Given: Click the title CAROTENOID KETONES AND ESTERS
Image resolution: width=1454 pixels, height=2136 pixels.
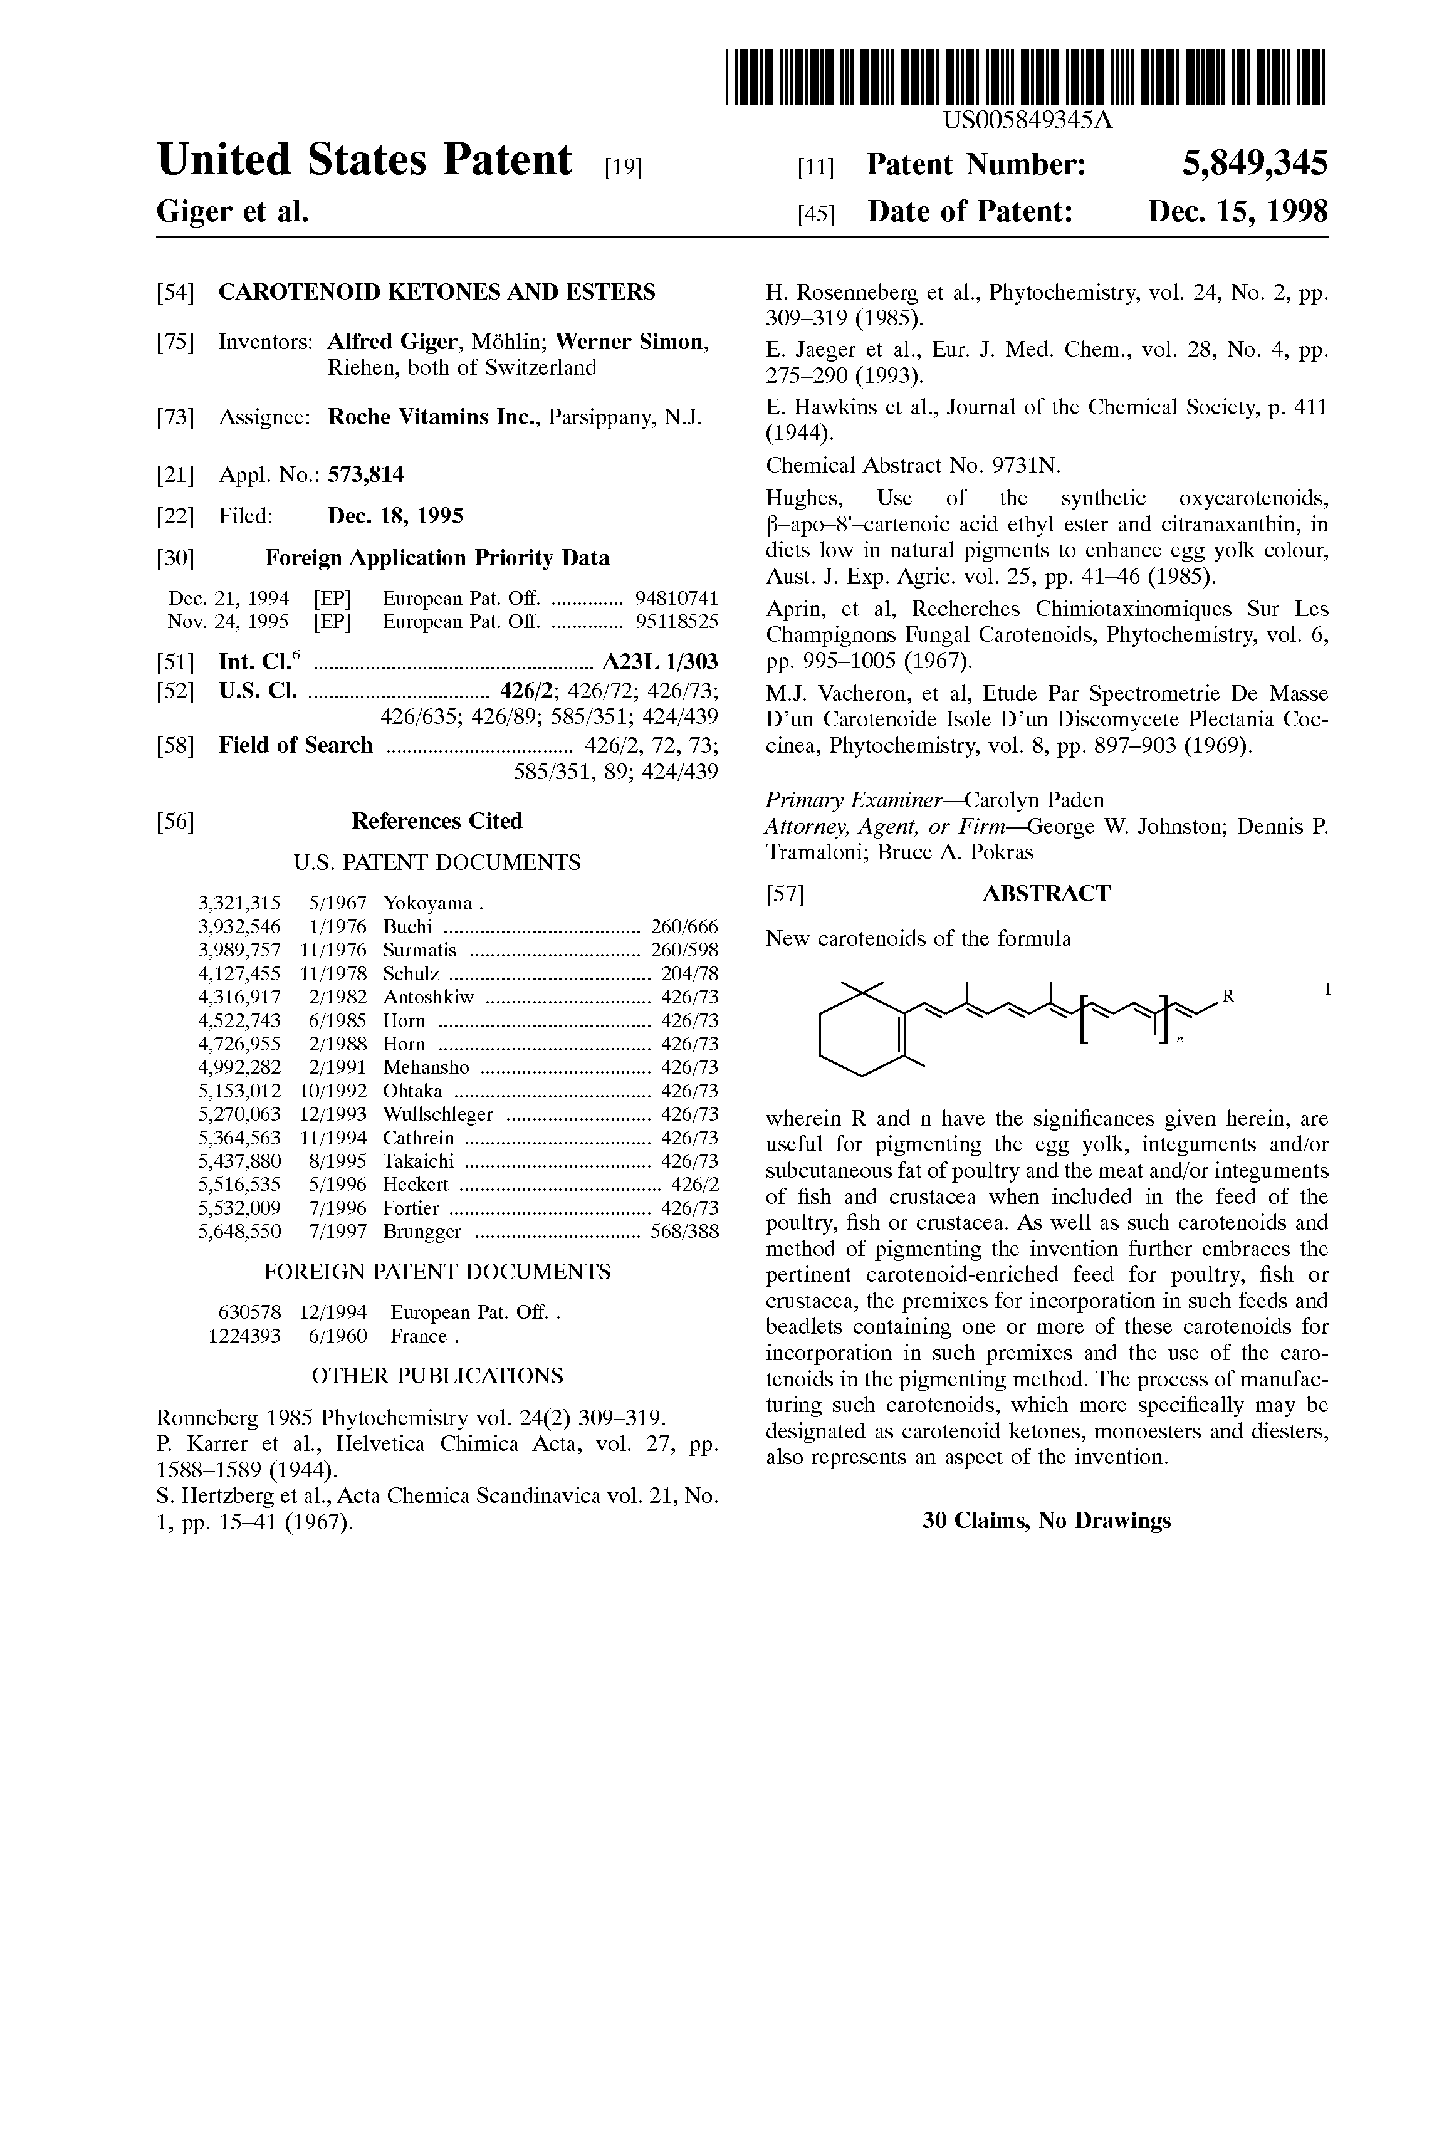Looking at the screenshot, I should pyautogui.click(x=437, y=292).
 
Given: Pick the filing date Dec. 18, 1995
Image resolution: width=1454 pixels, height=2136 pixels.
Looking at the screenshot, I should pyautogui.click(x=395, y=516).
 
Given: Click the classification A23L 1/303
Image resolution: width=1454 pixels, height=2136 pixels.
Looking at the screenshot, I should pyautogui.click(x=660, y=662).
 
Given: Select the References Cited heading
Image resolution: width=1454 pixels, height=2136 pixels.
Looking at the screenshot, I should pyautogui.click(x=437, y=821).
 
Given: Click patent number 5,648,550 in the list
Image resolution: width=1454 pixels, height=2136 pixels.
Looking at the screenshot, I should pyautogui.click(x=239, y=1231).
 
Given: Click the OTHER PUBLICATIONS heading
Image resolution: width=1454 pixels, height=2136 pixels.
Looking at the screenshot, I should pyautogui.click(x=437, y=1376).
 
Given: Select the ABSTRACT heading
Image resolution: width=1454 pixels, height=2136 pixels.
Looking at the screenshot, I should pyautogui.click(x=1046, y=893).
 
